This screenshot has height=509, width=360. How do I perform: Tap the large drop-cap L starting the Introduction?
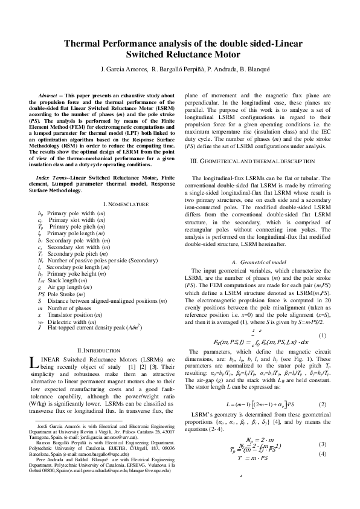[33, 363]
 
